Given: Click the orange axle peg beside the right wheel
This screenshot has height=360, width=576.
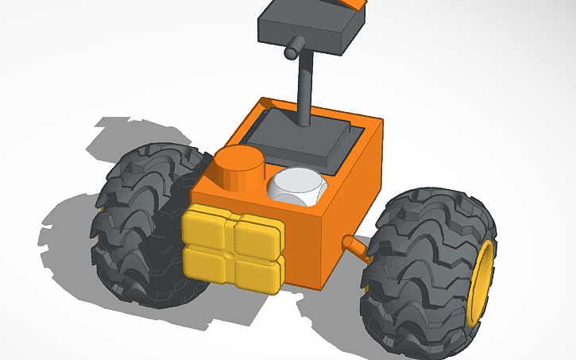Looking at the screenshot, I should (x=357, y=249).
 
